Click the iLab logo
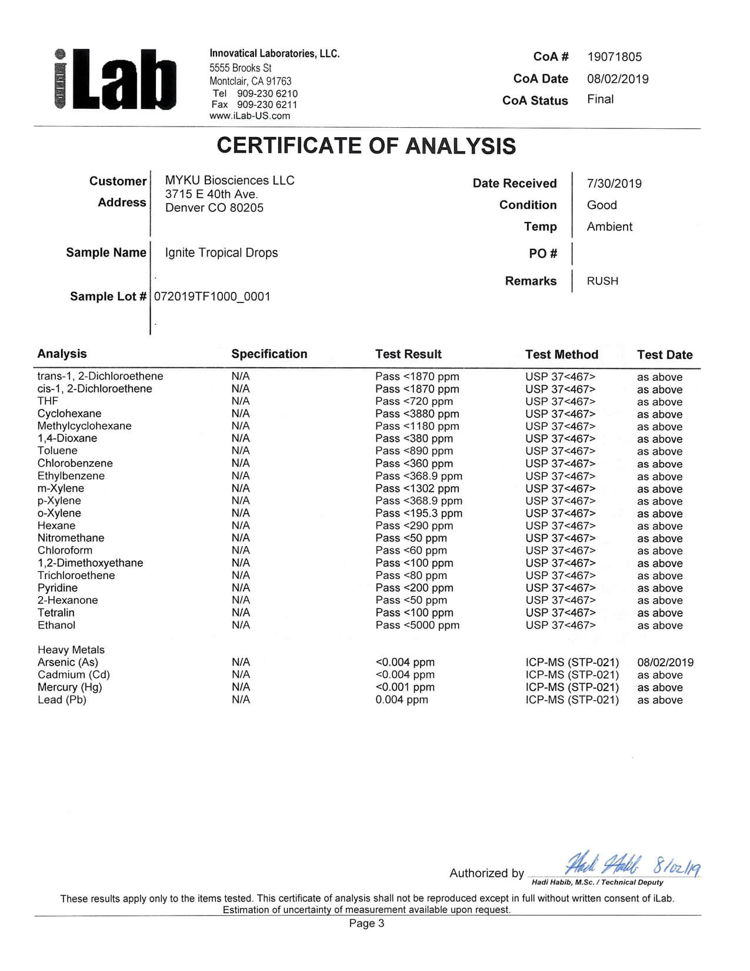pyautogui.click(x=115, y=79)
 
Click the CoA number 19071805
pyautogui.click(x=614, y=57)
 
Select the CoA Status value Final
pyautogui.click(x=600, y=99)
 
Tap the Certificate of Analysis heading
pyautogui.click(x=366, y=146)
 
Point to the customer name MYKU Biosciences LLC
pyautogui.click(x=229, y=181)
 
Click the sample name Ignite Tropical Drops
pyautogui.click(x=221, y=253)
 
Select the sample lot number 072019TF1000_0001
pyautogui.click(x=212, y=297)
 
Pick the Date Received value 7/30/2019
pyautogui.click(x=614, y=184)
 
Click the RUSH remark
pyautogui.click(x=602, y=281)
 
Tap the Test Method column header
pyautogui.click(x=561, y=354)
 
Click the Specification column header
pyautogui.click(x=269, y=354)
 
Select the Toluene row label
pyautogui.click(x=57, y=451)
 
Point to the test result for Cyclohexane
pyautogui.click(x=417, y=414)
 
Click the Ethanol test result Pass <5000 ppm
pyautogui.click(x=417, y=625)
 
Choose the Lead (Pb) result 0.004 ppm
pyautogui.click(x=402, y=700)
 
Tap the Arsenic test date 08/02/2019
pyautogui.click(x=665, y=663)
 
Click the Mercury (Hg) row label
pyautogui.click(x=69, y=687)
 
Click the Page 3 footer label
pyautogui.click(x=366, y=923)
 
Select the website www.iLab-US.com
pyautogui.click(x=249, y=116)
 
